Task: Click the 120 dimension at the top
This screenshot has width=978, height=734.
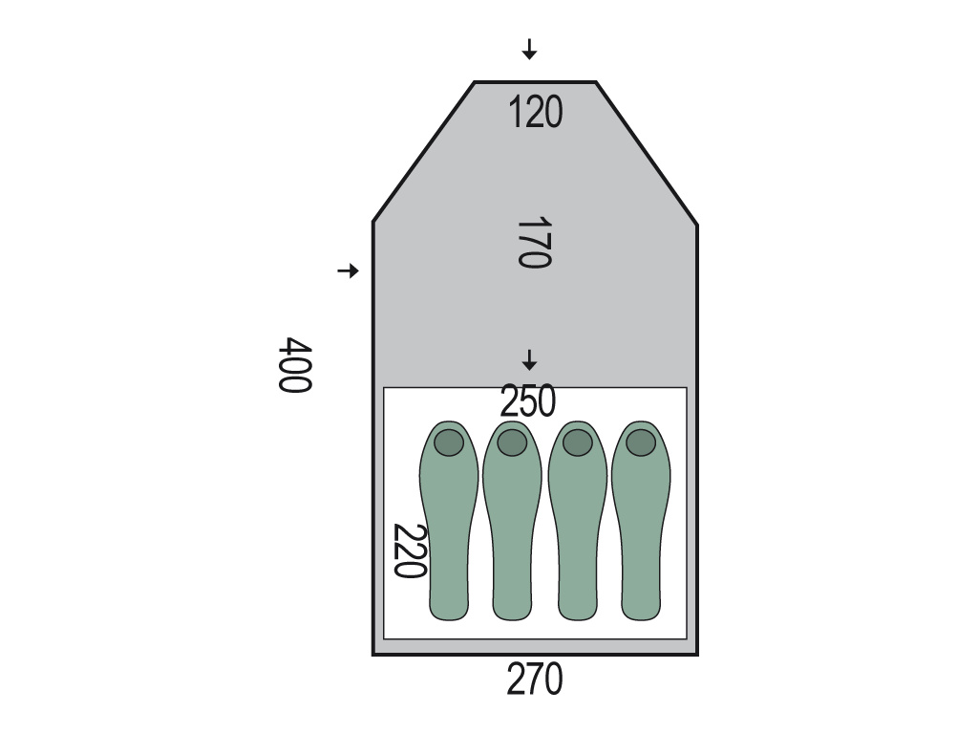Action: pyautogui.click(x=535, y=113)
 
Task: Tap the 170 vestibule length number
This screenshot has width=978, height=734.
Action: pyautogui.click(x=535, y=242)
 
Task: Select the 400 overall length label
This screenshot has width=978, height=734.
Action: pyautogui.click(x=294, y=365)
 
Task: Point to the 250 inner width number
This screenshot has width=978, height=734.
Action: pyautogui.click(x=527, y=401)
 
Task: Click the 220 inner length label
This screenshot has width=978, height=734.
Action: pyautogui.click(x=410, y=551)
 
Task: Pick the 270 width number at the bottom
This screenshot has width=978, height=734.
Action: pyautogui.click(x=535, y=680)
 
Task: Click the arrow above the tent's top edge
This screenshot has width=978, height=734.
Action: pyautogui.click(x=529, y=50)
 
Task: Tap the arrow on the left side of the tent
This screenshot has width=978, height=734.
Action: pyautogui.click(x=348, y=270)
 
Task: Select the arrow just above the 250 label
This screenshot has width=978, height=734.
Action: pyautogui.click(x=529, y=360)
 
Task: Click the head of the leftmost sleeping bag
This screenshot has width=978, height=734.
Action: pyautogui.click(x=449, y=443)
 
